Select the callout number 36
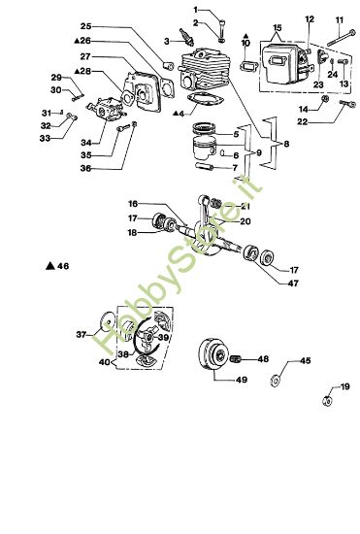pos(86,169)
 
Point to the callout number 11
pos(340,19)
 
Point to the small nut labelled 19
pos(328,399)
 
